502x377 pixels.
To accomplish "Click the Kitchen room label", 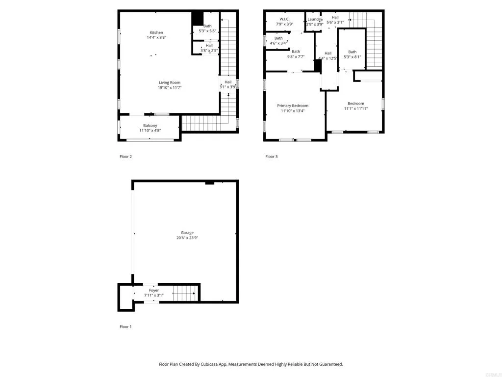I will point(156,33).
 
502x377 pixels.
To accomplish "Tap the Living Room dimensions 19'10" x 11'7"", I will point(170,88).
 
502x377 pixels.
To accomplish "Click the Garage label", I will point(187,233).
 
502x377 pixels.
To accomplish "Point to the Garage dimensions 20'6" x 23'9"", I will point(187,238).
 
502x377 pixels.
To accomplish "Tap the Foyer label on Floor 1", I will point(154,290).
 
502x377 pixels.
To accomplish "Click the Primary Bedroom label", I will point(293,106).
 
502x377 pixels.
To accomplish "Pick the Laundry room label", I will point(315,19).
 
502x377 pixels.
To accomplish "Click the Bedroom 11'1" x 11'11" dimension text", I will point(356,108).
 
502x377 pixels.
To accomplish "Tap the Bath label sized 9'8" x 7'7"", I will point(296,52).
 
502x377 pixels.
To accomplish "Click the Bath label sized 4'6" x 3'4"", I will point(278,38).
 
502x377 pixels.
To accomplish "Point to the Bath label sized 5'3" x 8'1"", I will point(352,52).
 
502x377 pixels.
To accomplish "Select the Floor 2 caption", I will point(125,157).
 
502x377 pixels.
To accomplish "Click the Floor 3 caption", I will point(271,157).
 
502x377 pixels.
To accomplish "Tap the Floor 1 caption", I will point(125,326).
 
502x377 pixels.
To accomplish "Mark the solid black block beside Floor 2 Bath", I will point(197,18).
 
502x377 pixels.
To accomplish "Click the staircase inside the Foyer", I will point(184,294).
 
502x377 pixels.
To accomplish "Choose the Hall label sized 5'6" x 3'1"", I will point(335,17).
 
